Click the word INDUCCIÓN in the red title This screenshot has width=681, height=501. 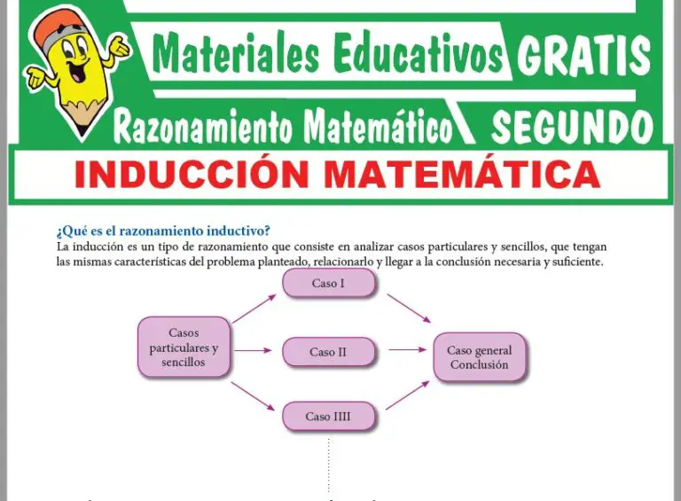tap(193, 175)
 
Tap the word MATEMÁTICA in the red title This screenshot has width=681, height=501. tap(461, 175)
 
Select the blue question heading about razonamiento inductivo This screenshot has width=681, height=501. tap(162, 231)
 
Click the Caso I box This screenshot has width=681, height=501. tap(329, 284)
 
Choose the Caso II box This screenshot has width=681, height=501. tap(329, 352)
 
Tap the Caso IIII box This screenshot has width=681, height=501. tap(329, 416)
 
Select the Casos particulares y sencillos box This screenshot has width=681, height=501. tap(184, 348)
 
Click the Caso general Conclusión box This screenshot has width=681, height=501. tap(479, 357)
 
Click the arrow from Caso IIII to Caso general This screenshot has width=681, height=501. tap(407, 395)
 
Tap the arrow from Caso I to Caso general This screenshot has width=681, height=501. tap(407, 308)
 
